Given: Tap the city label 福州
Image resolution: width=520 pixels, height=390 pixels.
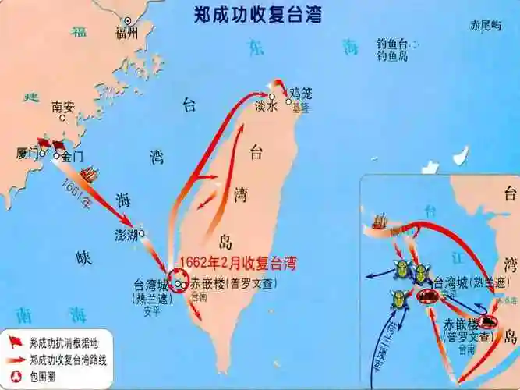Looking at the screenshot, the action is [x=126, y=33].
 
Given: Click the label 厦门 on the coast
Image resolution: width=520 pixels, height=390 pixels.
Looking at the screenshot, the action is [x=27, y=154].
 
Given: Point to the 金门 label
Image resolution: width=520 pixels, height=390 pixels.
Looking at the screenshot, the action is [x=72, y=156].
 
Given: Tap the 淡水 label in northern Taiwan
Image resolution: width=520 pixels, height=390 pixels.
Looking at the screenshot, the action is [x=266, y=108].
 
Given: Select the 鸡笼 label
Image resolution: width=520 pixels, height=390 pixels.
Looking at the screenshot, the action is [x=300, y=93].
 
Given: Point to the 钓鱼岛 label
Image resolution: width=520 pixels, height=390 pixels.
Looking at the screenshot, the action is [x=394, y=56].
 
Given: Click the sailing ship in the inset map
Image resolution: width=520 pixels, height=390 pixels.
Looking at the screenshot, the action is [x=381, y=222].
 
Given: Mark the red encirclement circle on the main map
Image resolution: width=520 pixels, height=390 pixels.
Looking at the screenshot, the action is [x=178, y=282].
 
